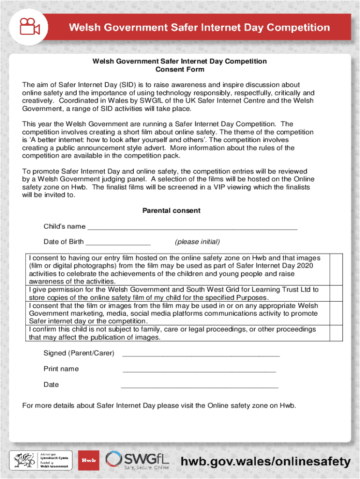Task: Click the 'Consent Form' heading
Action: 180,69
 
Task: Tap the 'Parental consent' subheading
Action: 171,210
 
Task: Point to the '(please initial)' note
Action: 197,242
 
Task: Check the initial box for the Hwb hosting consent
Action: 336,269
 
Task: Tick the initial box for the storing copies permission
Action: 336,293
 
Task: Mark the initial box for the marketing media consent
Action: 336,313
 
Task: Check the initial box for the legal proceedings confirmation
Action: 336,333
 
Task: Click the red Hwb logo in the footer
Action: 88,460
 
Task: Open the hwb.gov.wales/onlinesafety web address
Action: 266,462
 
